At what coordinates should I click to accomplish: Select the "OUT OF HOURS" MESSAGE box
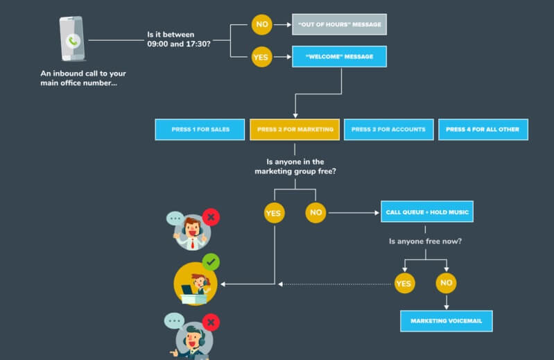[x=339, y=24]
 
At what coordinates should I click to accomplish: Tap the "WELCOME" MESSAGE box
[x=339, y=57]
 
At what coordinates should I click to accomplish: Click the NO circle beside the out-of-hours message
[x=261, y=24]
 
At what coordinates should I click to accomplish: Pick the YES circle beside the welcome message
[x=261, y=58]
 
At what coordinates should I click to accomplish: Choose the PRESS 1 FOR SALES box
[x=200, y=130]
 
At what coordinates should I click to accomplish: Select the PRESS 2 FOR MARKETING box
[x=295, y=130]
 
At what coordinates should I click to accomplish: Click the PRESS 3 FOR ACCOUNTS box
[x=389, y=130]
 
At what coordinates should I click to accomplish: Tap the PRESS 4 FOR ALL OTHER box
[x=483, y=130]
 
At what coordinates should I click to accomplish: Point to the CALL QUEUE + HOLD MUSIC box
[x=427, y=212]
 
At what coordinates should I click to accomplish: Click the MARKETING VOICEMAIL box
[x=447, y=321]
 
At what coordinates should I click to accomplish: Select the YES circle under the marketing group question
[x=274, y=213]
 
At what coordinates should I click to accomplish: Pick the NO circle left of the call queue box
[x=315, y=212]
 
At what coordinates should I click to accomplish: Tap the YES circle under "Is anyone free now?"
[x=404, y=283]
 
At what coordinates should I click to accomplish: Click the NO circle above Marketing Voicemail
[x=446, y=283]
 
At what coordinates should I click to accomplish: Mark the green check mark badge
[x=211, y=262]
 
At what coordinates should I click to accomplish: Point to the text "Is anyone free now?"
[x=426, y=241]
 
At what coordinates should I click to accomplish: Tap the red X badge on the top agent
[x=211, y=218]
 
